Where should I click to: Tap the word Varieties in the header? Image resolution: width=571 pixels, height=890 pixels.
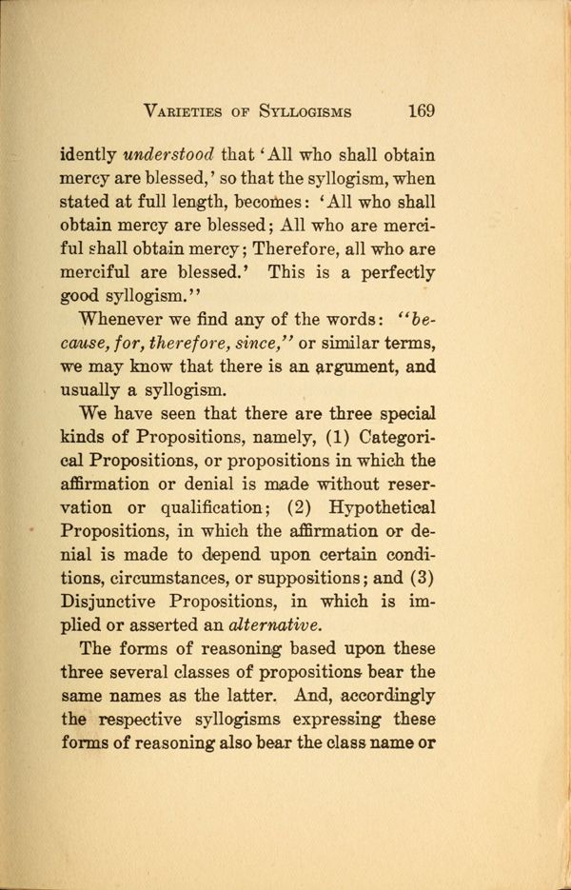[x=187, y=110]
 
